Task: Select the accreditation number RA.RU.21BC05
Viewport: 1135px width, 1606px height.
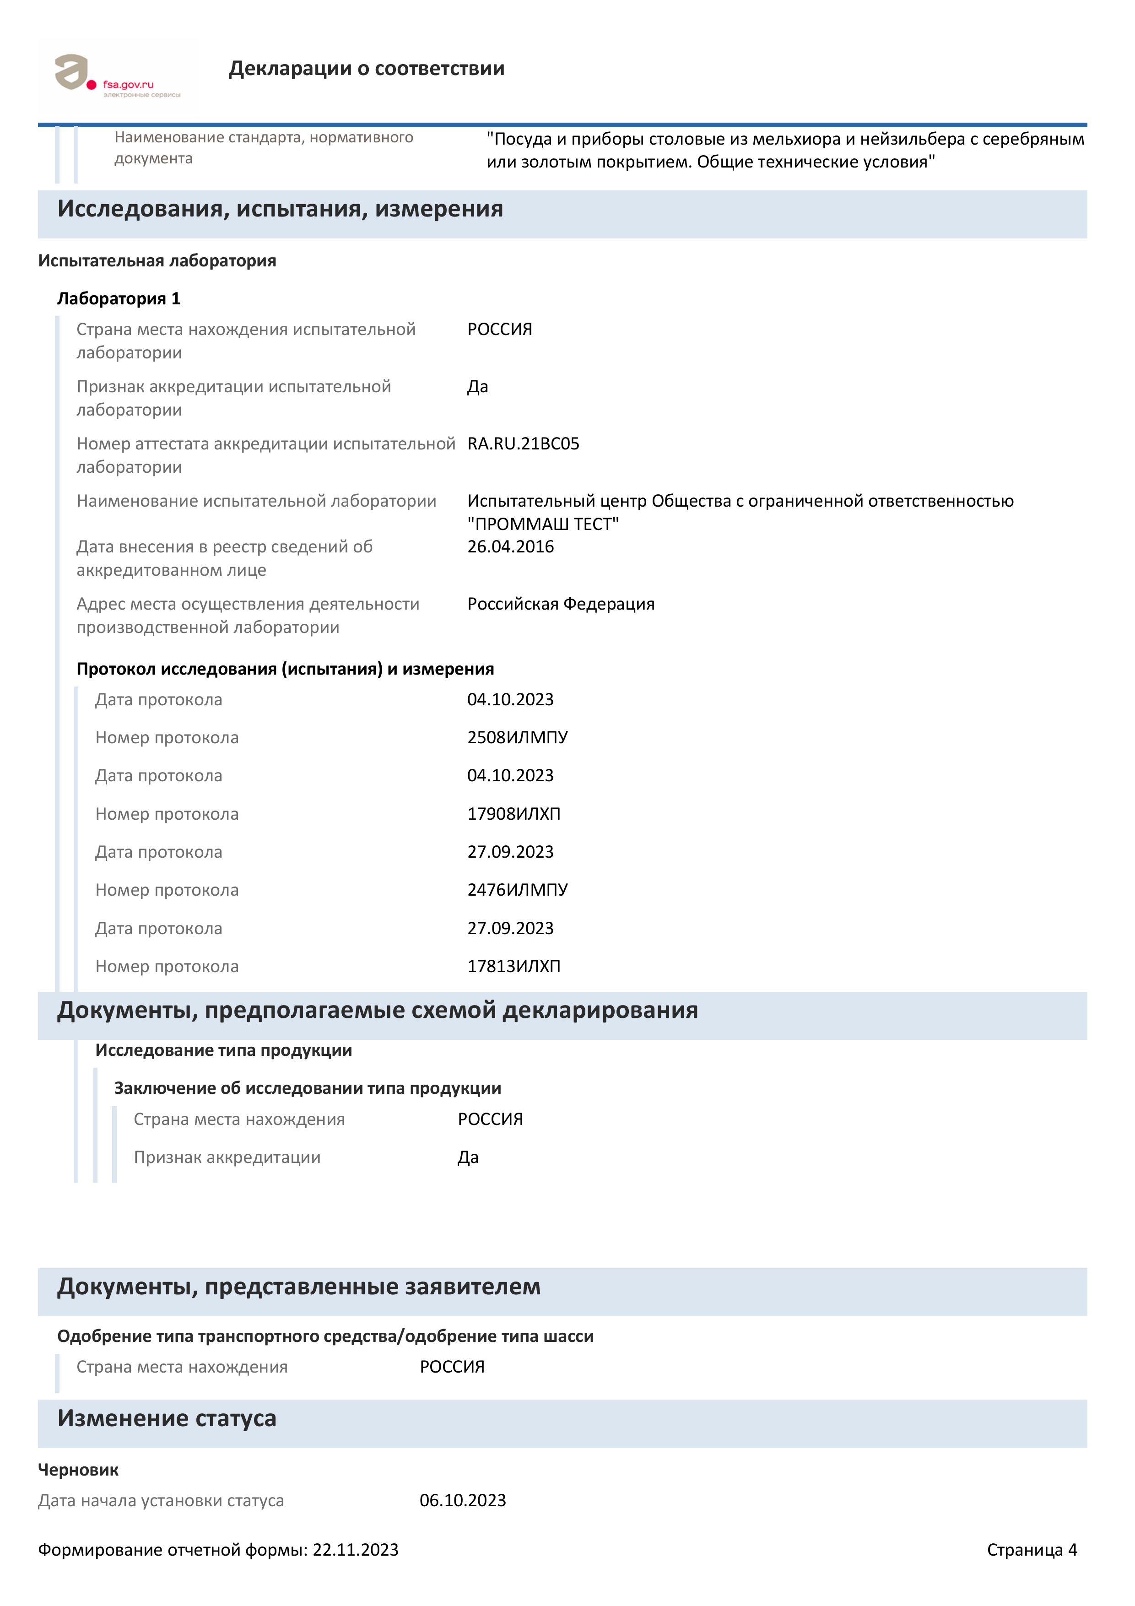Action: tap(523, 444)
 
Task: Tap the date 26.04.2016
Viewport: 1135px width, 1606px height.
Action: tap(510, 547)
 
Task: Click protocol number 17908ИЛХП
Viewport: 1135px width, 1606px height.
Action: tap(513, 814)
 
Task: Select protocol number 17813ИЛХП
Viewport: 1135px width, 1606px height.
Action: tap(513, 967)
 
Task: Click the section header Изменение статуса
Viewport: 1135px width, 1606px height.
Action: tap(167, 1418)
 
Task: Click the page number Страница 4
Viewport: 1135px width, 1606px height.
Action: tap(1032, 1551)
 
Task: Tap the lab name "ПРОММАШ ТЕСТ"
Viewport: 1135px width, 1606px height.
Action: tap(543, 525)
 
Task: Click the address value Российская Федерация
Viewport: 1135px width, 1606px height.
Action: tap(560, 604)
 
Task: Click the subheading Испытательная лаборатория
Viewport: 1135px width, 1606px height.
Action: tap(157, 261)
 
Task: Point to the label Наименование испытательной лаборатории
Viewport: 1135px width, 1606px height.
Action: tap(256, 502)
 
